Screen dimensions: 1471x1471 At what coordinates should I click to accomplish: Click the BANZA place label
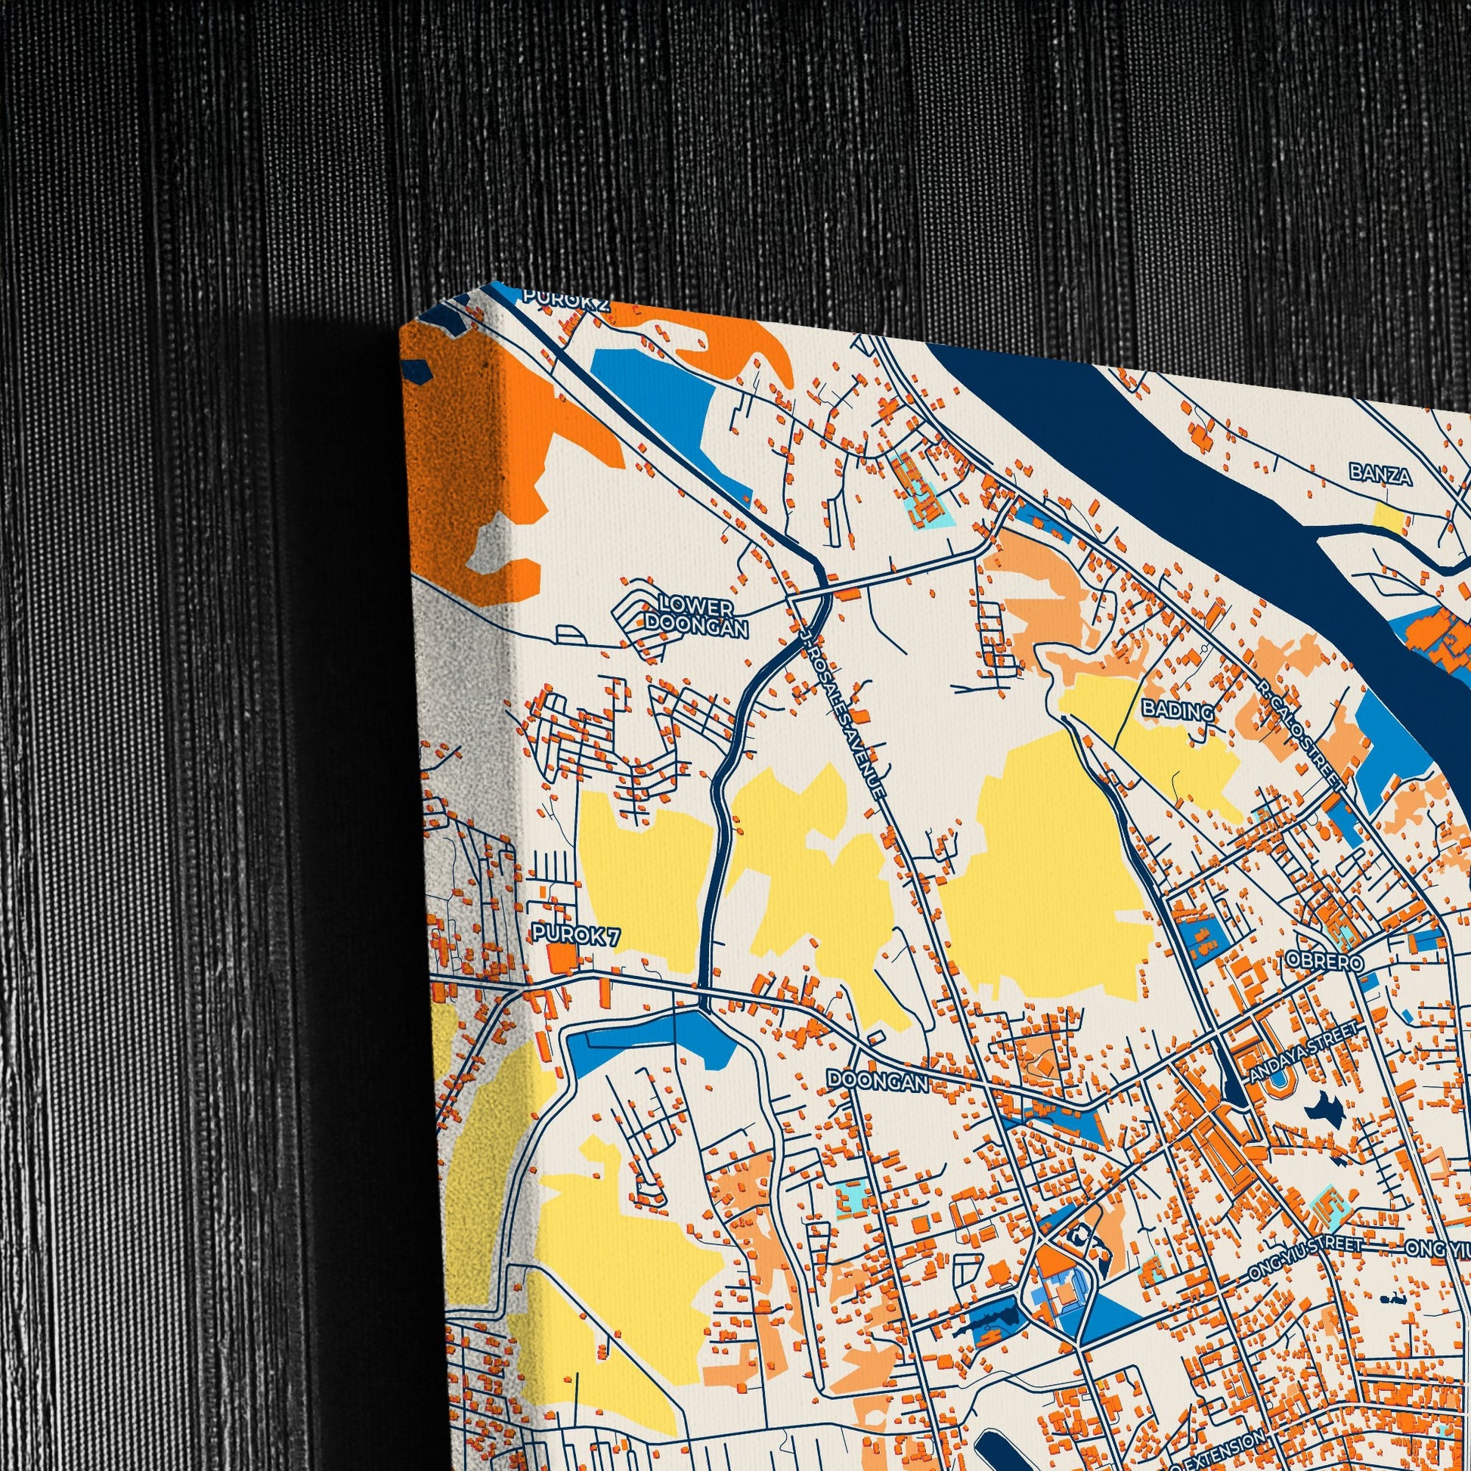[1380, 475]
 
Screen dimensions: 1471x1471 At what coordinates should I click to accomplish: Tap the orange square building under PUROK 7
[562, 959]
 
